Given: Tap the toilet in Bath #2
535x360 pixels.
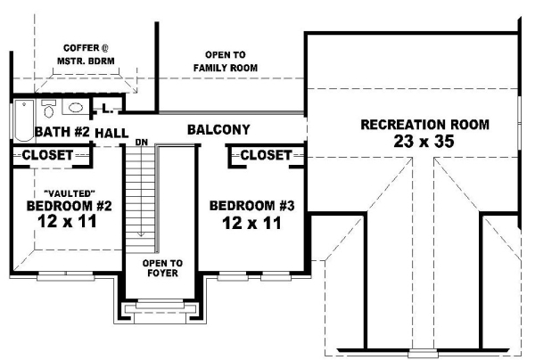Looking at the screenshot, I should (x=50, y=111).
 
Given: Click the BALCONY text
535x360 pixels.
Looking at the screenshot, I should (x=218, y=130).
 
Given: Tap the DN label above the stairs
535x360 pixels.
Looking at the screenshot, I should (x=141, y=143).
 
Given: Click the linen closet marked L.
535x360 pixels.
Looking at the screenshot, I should (x=105, y=110).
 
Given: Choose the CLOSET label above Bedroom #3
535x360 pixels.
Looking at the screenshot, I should (x=266, y=156).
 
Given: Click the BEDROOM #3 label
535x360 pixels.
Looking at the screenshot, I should (x=251, y=206).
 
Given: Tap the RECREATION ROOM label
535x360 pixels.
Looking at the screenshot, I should (x=424, y=125).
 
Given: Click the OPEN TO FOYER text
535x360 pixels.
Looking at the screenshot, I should (x=163, y=268).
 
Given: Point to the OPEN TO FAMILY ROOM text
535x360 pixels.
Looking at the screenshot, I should (x=226, y=61).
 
